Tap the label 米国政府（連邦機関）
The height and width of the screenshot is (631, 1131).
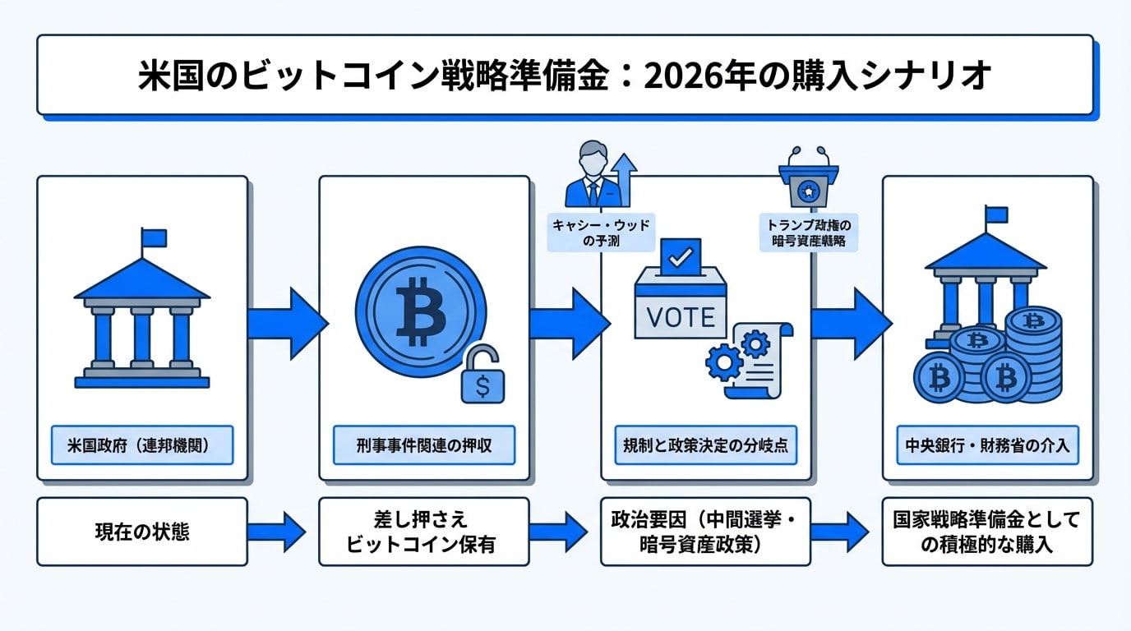[x=141, y=445]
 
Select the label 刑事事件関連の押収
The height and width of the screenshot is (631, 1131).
[x=423, y=445]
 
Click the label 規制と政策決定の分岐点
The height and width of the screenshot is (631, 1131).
[x=705, y=445]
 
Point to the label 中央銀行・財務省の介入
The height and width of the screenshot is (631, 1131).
[x=987, y=445]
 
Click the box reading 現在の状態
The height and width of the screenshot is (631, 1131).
[x=141, y=532]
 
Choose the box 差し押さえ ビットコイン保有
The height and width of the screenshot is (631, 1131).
[x=423, y=532]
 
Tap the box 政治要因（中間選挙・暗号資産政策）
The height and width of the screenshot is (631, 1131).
[x=705, y=532]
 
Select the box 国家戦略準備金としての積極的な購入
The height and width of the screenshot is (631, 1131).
[x=987, y=532]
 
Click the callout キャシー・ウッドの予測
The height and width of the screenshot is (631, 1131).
[x=601, y=233]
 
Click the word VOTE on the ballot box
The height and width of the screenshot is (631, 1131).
[x=680, y=316]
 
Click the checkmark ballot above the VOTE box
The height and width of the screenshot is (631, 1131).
[x=680, y=257]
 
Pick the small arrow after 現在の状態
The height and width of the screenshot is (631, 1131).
[x=282, y=532]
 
